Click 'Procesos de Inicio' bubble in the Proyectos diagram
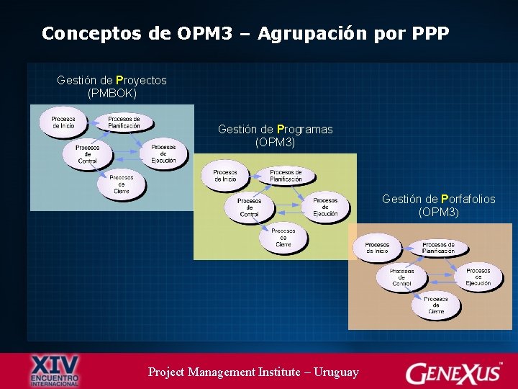point(63,122)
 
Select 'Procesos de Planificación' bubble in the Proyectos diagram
point(124,122)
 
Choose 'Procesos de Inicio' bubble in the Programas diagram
point(224,175)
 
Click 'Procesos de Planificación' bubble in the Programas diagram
point(286,175)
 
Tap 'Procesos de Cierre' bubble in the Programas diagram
point(283,237)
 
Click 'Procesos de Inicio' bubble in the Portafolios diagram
point(377,248)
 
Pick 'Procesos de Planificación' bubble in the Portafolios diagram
point(438,248)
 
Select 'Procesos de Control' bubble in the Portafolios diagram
point(401,277)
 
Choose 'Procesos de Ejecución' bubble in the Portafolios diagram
point(478,277)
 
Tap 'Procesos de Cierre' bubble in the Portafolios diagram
point(436,305)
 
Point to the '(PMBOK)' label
point(112,93)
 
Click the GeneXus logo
point(455,372)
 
